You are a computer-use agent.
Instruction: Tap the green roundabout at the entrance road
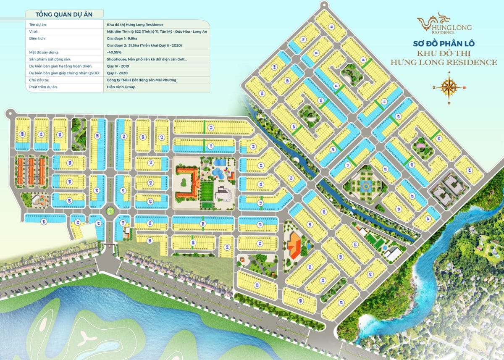coord(110,211)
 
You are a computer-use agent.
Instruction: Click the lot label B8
coord(21,134)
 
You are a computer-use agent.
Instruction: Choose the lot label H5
coord(262,93)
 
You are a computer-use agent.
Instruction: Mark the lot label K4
coord(469,170)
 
